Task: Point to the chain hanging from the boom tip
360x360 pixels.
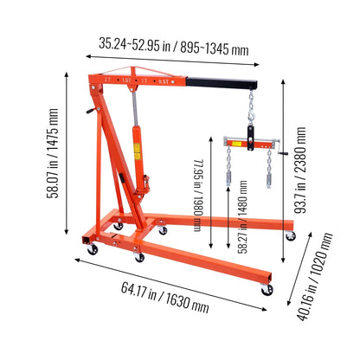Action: click(x=251, y=112)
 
